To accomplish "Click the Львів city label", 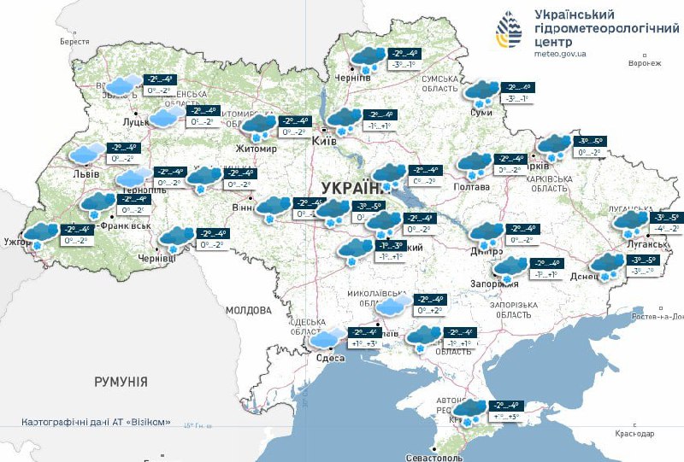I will [85, 174].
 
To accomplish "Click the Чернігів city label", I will [352, 78].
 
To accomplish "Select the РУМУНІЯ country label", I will [121, 382].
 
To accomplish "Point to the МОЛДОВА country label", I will [249, 310].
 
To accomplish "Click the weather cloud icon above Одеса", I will [327, 339].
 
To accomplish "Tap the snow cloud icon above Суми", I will [483, 91].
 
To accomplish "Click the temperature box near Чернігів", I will [401, 59].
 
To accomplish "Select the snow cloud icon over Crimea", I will [469, 412].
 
